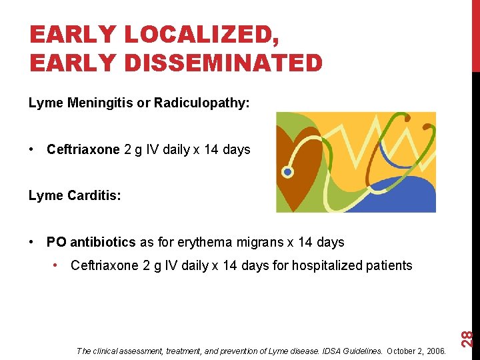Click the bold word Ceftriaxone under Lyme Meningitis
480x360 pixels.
(83, 149)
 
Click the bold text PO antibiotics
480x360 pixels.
(91, 241)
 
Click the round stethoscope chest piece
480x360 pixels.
(288, 172)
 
